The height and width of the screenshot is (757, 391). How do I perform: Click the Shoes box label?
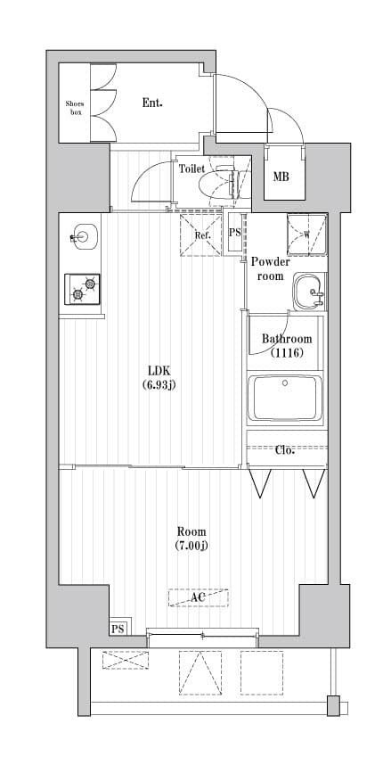[75, 109]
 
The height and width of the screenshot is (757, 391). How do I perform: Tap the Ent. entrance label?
[152, 103]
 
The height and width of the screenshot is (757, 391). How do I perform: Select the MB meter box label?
[281, 177]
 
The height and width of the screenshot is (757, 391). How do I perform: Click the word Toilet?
[191, 168]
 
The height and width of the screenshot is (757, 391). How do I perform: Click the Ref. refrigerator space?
[201, 235]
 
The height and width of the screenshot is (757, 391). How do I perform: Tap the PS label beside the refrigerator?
[235, 234]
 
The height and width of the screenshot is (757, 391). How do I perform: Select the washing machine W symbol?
[306, 235]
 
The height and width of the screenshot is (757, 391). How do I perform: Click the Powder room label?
[270, 268]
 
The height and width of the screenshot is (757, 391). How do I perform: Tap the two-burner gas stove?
[82, 288]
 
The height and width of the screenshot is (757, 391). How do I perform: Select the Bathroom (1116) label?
[287, 345]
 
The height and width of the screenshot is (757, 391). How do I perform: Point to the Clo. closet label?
[285, 449]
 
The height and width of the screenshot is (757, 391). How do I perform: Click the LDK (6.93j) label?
[159, 378]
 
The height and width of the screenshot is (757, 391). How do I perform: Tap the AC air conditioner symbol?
[198, 597]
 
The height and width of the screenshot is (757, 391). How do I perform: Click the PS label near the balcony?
[118, 629]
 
